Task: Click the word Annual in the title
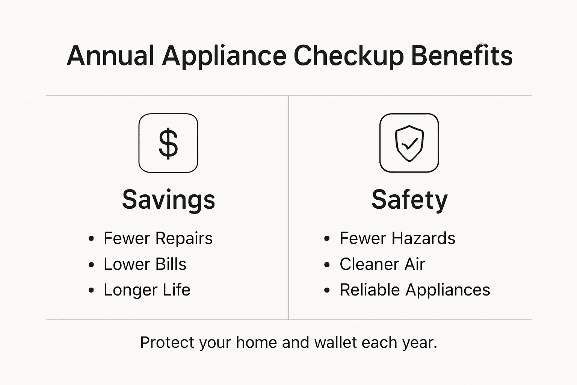tap(110, 56)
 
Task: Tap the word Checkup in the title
tap(348, 56)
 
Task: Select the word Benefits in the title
tap(461, 56)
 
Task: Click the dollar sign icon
tap(168, 143)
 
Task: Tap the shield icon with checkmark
tap(409, 143)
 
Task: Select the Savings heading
tap(169, 200)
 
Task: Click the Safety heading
tap(409, 200)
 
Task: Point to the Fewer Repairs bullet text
tap(158, 238)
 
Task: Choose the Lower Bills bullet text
tap(145, 264)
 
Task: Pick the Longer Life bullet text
tap(147, 290)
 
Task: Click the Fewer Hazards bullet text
tap(397, 238)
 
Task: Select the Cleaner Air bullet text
tap(382, 264)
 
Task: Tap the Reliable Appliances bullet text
tap(415, 290)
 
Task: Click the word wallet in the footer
tap(335, 343)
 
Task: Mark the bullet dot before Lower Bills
tap(91, 265)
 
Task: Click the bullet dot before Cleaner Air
tap(327, 265)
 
